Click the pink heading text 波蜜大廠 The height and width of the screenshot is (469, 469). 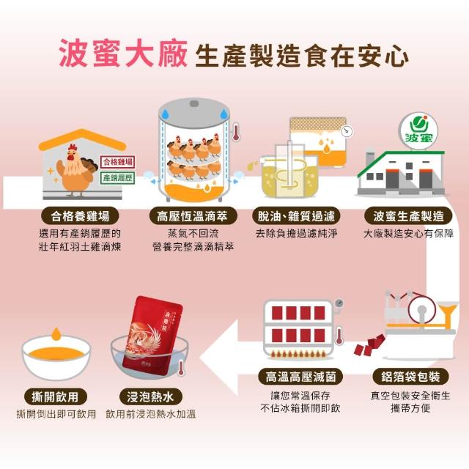click(x=123, y=53)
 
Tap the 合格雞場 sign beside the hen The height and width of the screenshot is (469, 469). click(x=117, y=162)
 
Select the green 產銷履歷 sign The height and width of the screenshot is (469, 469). click(x=117, y=178)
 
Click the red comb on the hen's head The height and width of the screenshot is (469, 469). click(x=73, y=147)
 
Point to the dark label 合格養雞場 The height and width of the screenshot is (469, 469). click(x=80, y=216)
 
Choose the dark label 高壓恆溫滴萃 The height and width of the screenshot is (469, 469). click(x=193, y=216)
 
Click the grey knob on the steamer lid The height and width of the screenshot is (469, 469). click(x=194, y=103)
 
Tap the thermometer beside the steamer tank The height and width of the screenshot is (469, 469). click(x=236, y=132)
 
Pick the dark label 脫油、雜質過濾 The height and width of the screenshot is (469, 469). click(x=296, y=216)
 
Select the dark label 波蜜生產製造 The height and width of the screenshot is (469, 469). click(x=408, y=216)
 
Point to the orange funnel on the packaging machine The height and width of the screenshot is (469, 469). click(x=448, y=313)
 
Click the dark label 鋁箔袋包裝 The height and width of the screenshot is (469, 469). click(x=410, y=377)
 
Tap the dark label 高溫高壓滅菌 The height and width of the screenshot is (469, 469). click(x=300, y=377)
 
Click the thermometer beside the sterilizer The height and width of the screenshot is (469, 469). click(x=339, y=336)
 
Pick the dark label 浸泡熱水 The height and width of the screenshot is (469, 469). click(x=151, y=397)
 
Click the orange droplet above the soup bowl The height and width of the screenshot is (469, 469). click(x=56, y=334)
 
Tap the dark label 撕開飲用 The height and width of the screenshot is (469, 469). click(x=56, y=397)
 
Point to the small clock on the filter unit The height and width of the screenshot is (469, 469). click(x=347, y=131)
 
